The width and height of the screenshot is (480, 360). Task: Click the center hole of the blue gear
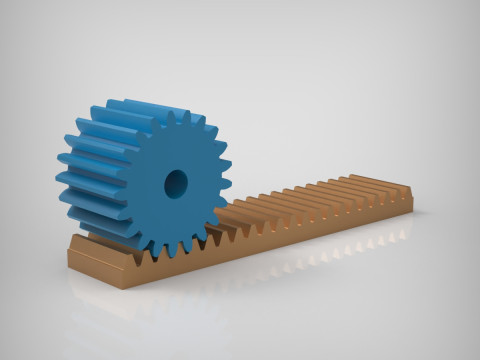click(176, 182)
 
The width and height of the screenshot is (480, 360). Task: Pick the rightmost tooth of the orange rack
click(402, 188)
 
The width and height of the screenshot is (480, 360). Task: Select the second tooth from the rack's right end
click(391, 190)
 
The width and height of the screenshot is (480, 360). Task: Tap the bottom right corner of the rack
click(412, 209)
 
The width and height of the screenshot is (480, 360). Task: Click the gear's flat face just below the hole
click(176, 215)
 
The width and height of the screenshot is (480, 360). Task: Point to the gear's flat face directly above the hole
click(176, 150)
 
